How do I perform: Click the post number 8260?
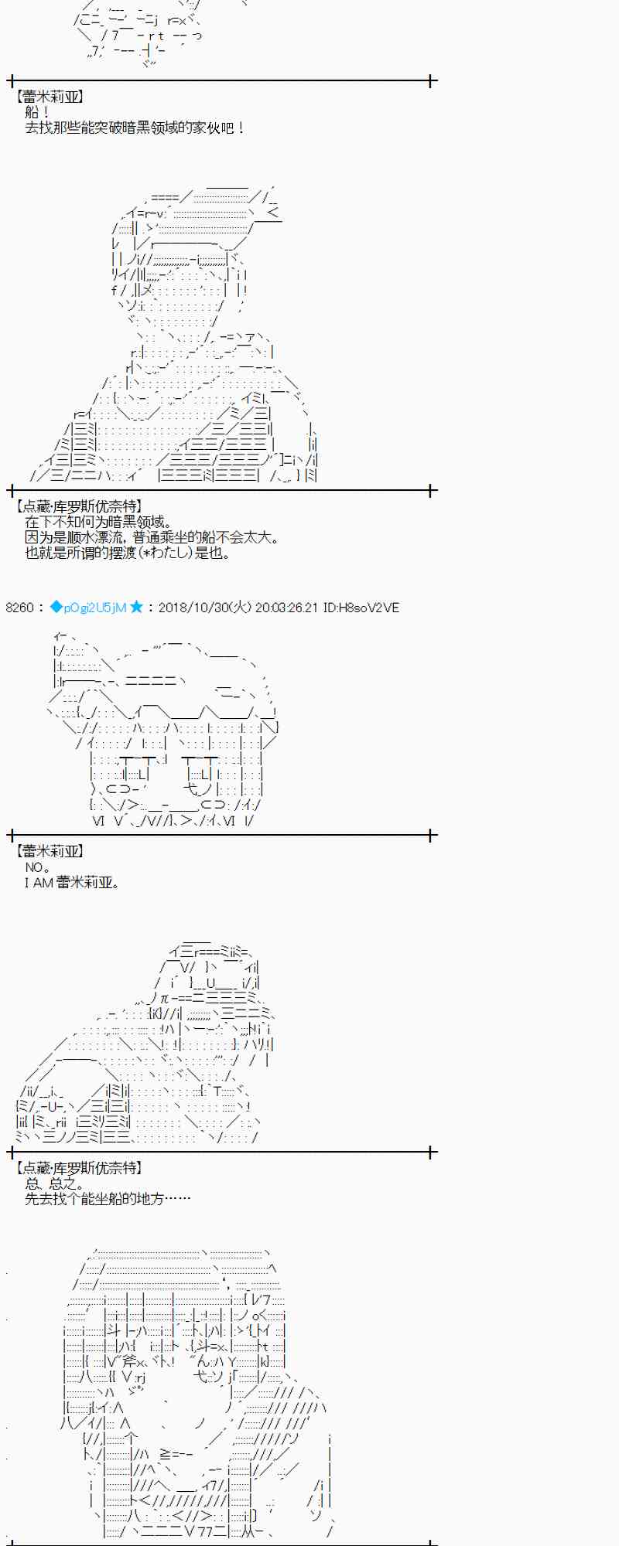tap(19, 608)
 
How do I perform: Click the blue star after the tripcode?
tap(136, 608)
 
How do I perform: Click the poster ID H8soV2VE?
tap(369, 608)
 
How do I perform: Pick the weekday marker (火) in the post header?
tap(242, 608)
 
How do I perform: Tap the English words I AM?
tap(38, 883)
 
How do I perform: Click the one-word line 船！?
tap(37, 112)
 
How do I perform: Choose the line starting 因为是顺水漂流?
tap(152, 537)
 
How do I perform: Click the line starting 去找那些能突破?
tap(135, 128)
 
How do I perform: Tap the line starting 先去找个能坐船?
tap(108, 1199)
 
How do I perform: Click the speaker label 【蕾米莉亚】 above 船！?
tap(50, 97)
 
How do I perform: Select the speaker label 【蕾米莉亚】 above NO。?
tap(50, 851)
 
